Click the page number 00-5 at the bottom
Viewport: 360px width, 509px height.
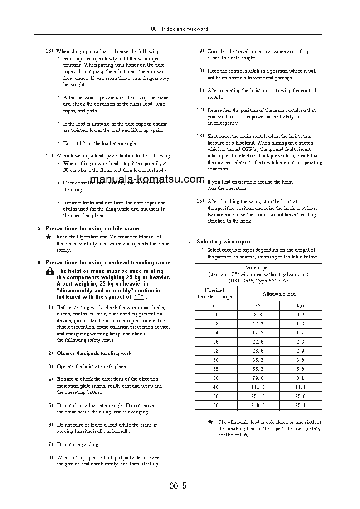pos(178,486)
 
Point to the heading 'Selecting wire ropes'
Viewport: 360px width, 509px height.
pos(223,242)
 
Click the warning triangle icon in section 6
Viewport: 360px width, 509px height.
pos(50,271)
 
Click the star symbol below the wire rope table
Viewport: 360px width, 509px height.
pos(210,422)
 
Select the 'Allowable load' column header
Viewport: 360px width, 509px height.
pos(279,294)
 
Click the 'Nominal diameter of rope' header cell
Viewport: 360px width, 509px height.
pos(214,294)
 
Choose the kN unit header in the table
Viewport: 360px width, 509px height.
pos(258,306)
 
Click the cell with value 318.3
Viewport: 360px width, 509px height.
pos(258,405)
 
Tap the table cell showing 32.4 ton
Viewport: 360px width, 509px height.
pos(300,405)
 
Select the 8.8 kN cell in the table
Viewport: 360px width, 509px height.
pos(258,315)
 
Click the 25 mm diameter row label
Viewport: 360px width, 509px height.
pos(215,369)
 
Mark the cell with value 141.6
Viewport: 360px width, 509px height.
pos(258,387)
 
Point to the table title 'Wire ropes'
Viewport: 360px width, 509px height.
pos(258,268)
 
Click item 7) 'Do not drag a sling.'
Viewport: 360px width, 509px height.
pos(78,445)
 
